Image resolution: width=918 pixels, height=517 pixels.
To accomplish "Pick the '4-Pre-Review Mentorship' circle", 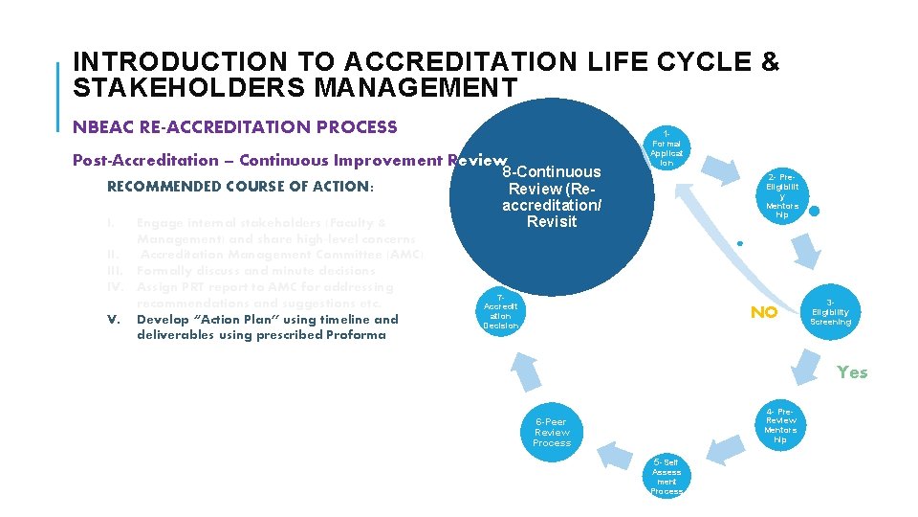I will (780, 425).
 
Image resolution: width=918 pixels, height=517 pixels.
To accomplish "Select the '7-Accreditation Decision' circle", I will (501, 311).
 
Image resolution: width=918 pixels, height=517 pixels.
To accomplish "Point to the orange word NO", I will (763, 313).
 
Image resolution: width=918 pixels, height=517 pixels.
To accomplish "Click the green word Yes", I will (852, 372).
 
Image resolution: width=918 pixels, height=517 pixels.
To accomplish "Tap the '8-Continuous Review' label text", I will (552, 196).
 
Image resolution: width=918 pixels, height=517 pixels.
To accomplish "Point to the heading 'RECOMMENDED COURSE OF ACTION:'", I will (240, 187).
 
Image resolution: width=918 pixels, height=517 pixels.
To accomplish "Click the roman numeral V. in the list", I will (114, 319).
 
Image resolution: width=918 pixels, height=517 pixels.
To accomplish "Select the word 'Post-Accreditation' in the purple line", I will (145, 160).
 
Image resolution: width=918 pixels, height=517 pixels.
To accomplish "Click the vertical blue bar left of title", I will (58, 97).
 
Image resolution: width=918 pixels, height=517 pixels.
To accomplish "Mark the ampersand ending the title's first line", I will (771, 62).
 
